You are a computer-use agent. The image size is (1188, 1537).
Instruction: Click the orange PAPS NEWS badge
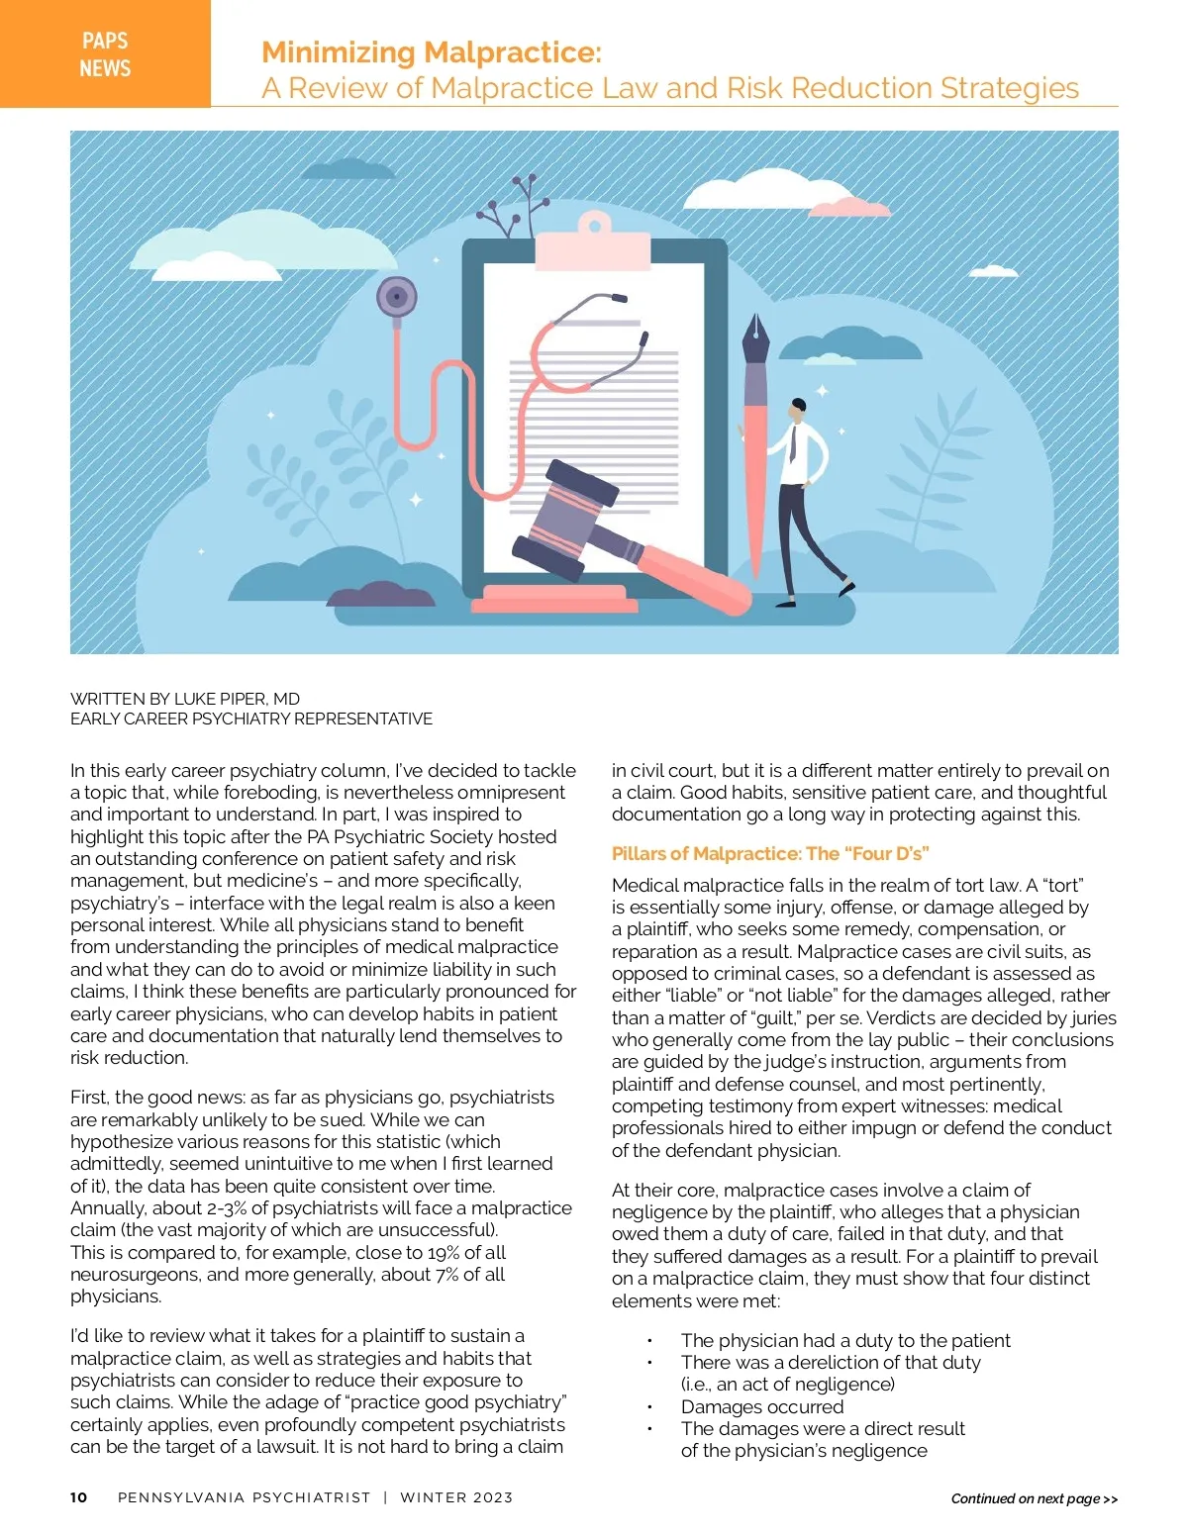[x=105, y=53]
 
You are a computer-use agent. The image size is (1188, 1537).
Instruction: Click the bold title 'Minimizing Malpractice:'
[x=431, y=51]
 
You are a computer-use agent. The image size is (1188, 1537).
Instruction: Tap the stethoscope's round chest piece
[x=397, y=296]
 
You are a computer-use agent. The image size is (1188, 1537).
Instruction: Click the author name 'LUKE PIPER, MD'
[x=237, y=699]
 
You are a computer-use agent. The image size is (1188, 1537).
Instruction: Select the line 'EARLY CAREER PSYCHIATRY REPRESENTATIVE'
[x=251, y=719]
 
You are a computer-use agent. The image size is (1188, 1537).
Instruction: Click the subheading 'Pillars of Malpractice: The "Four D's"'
[x=770, y=853]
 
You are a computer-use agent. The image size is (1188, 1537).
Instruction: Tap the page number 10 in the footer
[x=79, y=1497]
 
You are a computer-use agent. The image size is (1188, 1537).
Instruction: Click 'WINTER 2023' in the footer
[x=456, y=1497]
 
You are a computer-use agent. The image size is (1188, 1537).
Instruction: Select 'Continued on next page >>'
[x=1034, y=1498]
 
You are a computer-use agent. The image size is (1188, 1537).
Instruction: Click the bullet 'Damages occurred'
[x=762, y=1406]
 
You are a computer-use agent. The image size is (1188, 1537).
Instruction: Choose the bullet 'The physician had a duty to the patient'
[x=845, y=1340]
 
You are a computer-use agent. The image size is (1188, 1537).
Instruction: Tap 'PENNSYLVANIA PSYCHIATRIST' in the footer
[x=244, y=1497]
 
